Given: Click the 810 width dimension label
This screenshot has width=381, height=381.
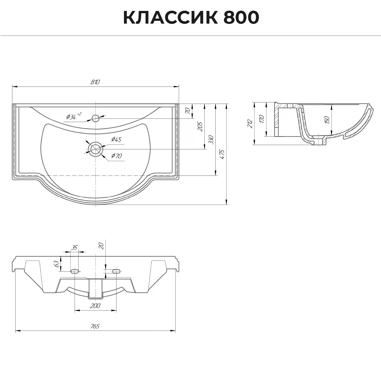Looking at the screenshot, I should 95,82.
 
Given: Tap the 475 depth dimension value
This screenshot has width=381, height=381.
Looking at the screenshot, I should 222,154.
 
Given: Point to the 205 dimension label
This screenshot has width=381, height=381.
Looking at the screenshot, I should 200,126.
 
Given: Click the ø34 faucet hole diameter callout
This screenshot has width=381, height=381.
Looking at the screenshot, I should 73,116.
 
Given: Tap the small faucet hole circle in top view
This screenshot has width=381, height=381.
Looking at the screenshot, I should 96,118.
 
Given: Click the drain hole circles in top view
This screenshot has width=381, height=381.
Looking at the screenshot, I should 95,149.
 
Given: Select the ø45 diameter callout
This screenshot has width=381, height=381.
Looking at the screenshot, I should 116,139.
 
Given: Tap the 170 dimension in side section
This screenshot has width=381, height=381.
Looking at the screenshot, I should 262,119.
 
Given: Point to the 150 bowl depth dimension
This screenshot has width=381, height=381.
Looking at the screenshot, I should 327,120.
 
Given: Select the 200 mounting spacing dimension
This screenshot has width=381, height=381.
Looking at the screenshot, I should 95,306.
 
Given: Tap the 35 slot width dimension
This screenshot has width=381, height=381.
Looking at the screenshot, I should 74,247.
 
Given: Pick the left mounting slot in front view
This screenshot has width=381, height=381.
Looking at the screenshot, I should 75,271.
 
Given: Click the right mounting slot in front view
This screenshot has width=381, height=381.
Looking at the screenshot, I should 116,271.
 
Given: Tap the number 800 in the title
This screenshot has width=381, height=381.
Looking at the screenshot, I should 241,18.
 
